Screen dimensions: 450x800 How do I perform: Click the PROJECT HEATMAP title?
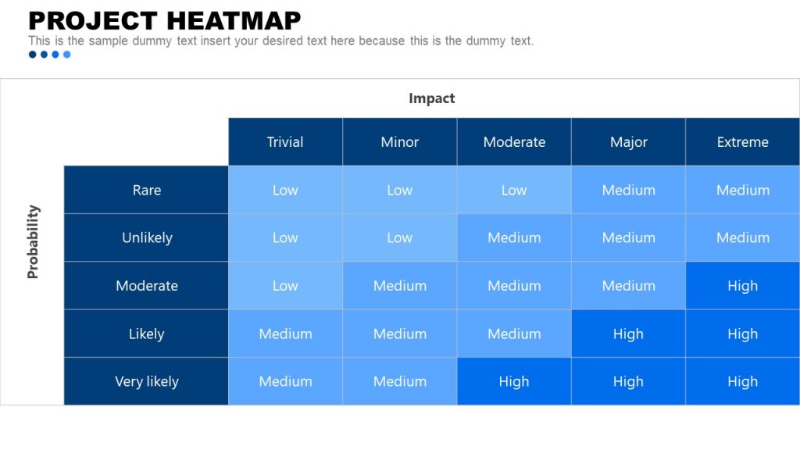[164, 20]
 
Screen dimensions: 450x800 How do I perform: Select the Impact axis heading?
[431, 98]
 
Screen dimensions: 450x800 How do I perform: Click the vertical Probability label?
[33, 241]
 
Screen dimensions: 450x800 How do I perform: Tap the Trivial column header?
[285, 142]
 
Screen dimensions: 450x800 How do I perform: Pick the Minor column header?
[399, 142]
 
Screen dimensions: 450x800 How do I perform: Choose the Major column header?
[628, 142]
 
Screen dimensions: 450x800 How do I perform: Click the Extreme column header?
[742, 142]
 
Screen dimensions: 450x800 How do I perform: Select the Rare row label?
[146, 190]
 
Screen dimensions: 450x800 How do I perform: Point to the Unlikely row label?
[146, 237]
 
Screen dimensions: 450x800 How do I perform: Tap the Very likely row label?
[146, 381]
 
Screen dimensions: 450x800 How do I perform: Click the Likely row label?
[146, 334]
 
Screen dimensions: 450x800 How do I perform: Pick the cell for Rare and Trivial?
[285, 190]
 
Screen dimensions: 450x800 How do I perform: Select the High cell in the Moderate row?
[742, 286]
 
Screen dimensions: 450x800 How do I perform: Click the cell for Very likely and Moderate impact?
[513, 381]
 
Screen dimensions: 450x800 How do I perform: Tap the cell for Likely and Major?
[628, 334]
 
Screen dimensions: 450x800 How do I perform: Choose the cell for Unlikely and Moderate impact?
[513, 237]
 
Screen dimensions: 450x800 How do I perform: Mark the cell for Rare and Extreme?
[742, 190]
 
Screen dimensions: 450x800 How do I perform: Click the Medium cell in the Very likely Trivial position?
[285, 381]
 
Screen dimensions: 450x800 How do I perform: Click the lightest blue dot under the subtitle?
[67, 55]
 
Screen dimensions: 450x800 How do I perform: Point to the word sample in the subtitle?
[108, 41]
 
